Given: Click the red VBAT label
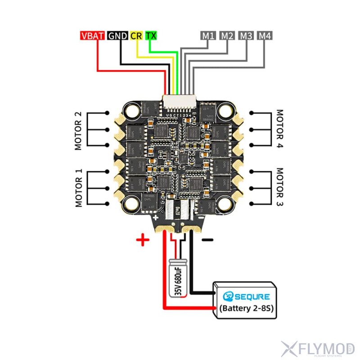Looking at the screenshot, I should click(92, 36).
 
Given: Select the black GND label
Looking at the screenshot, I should click(117, 36).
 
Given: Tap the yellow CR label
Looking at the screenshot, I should click(136, 36).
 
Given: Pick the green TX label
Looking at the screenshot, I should click(151, 36).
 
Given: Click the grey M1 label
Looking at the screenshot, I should click(208, 36).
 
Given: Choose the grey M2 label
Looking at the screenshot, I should click(227, 36).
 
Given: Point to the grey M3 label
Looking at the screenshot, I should click(246, 36).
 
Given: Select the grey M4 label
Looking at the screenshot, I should click(265, 36).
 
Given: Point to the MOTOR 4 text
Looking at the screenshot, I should click(280, 130).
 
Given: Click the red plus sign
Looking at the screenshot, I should click(143, 240).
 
